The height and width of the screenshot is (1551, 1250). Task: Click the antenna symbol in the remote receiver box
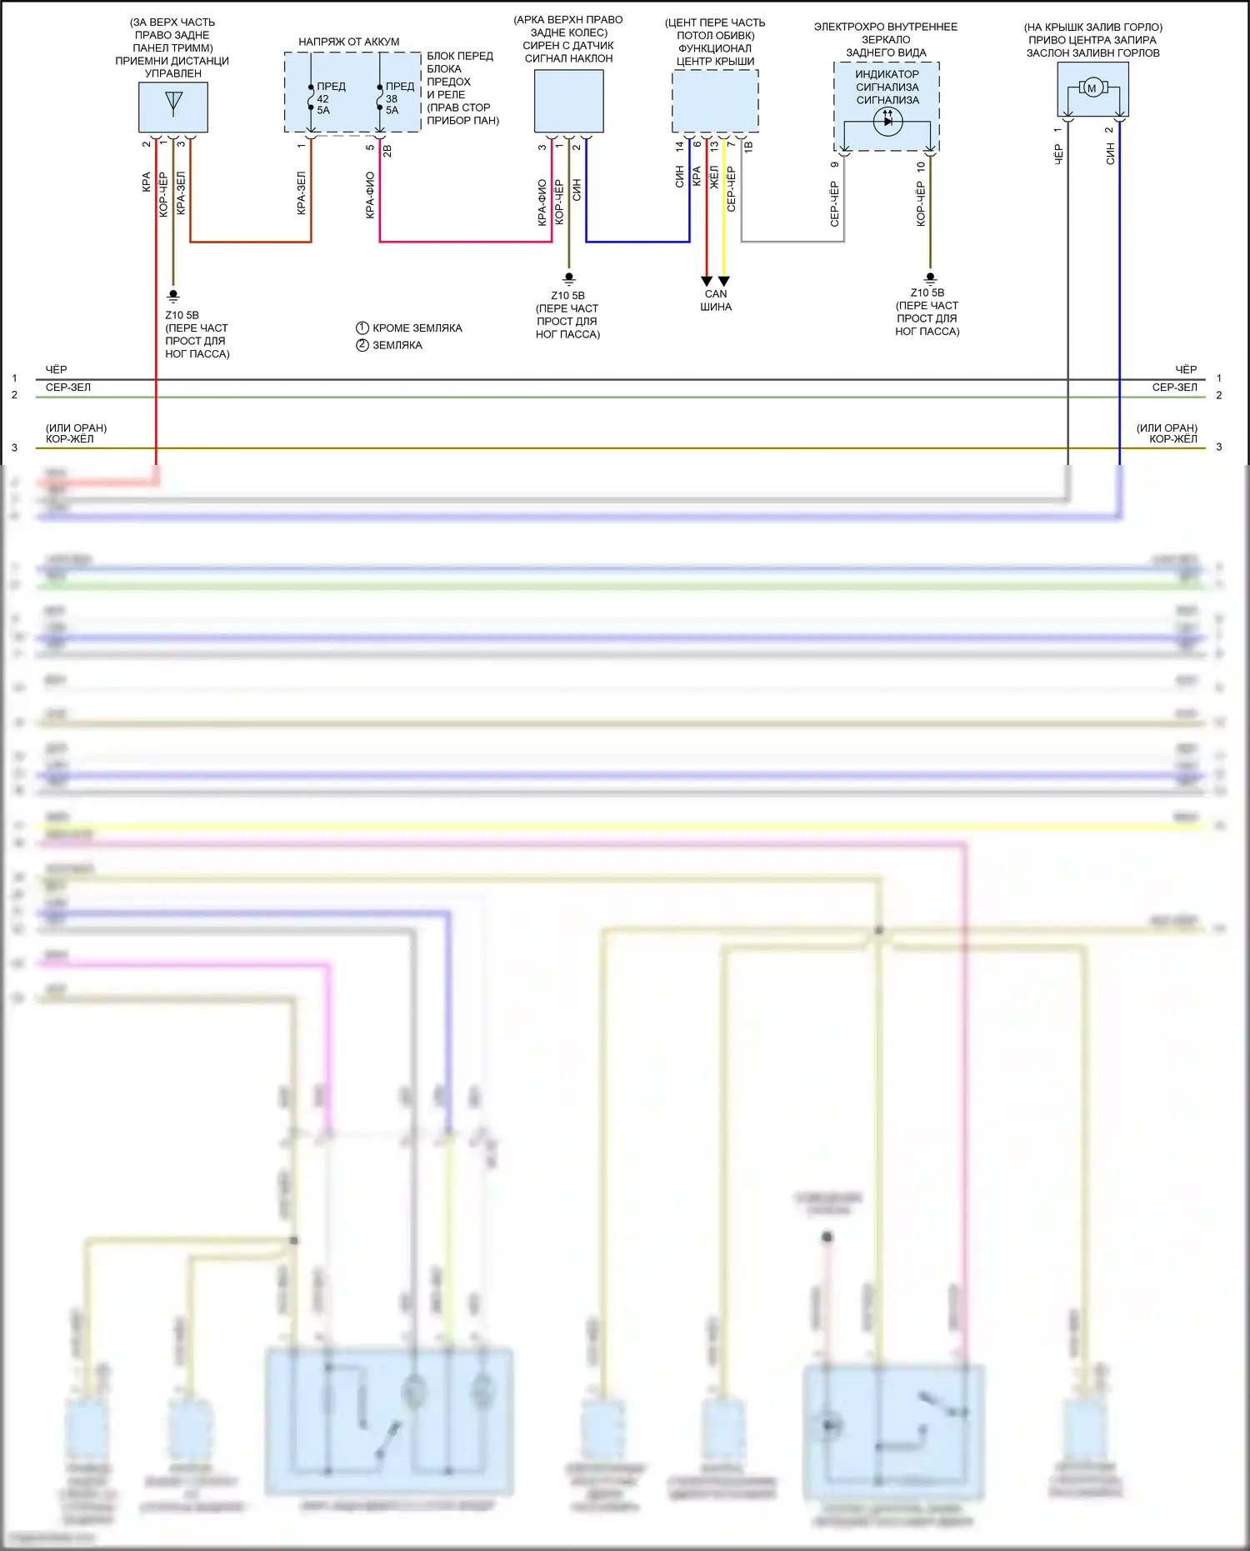(173, 102)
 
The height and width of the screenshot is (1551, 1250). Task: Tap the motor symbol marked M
(1092, 88)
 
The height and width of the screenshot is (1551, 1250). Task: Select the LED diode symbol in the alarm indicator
(887, 121)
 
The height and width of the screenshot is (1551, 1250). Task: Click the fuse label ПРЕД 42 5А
(327, 98)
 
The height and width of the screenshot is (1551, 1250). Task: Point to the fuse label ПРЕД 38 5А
(396, 98)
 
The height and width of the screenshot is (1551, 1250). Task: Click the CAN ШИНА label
(716, 300)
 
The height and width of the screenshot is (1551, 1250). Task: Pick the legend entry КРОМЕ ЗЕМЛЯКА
(417, 328)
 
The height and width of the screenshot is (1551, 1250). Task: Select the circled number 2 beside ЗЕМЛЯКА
(362, 345)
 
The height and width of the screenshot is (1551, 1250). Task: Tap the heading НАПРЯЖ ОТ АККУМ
(348, 42)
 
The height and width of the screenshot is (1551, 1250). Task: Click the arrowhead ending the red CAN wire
(707, 281)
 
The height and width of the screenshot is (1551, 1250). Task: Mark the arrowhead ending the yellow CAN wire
(724, 281)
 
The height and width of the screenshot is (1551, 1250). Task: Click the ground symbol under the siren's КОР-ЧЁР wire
(569, 278)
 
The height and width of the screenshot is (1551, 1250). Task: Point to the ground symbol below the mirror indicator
(931, 278)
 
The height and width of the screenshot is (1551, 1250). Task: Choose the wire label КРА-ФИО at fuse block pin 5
(370, 195)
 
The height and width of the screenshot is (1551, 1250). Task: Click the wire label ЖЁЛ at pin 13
(714, 177)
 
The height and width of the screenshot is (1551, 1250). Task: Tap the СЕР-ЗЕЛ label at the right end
(1174, 388)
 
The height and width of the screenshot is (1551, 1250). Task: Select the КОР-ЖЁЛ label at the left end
(70, 439)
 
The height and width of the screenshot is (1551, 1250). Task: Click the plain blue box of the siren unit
(568, 101)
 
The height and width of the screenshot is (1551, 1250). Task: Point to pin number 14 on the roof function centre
(680, 146)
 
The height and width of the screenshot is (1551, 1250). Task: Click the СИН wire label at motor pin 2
(1110, 153)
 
